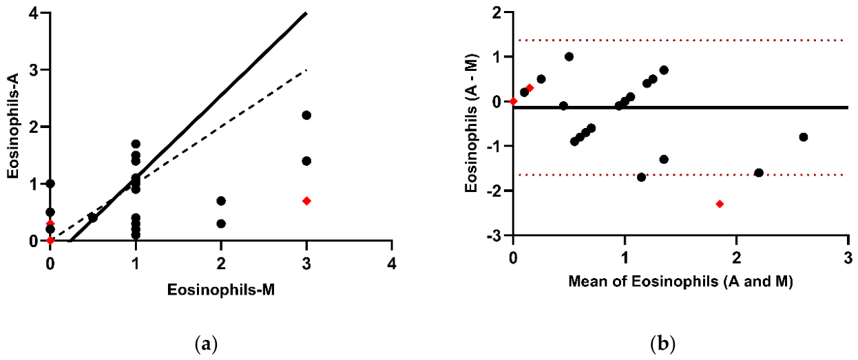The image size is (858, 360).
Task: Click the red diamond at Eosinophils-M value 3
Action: (306, 201)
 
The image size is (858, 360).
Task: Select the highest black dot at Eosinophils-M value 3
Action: (306, 115)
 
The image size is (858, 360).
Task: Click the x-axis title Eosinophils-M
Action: (221, 290)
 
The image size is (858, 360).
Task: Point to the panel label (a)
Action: (206, 344)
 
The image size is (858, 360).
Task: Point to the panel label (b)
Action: (662, 344)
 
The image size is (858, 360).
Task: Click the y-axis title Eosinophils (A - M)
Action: (471, 123)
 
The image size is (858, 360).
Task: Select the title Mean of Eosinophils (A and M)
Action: (680, 282)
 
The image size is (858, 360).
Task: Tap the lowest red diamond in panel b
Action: (720, 204)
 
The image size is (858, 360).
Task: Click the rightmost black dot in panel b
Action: (804, 137)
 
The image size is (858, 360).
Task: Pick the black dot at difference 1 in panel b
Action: (569, 56)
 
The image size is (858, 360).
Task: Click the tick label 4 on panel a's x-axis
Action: (391, 264)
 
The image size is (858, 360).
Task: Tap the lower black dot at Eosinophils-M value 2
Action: (221, 223)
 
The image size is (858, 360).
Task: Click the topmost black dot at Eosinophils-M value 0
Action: (50, 184)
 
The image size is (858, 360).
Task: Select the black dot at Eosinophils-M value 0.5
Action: (93, 218)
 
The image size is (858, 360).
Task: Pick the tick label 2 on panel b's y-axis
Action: (499, 12)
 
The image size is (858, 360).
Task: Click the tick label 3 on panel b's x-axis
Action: (849, 257)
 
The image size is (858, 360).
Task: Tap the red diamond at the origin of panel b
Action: (514, 101)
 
